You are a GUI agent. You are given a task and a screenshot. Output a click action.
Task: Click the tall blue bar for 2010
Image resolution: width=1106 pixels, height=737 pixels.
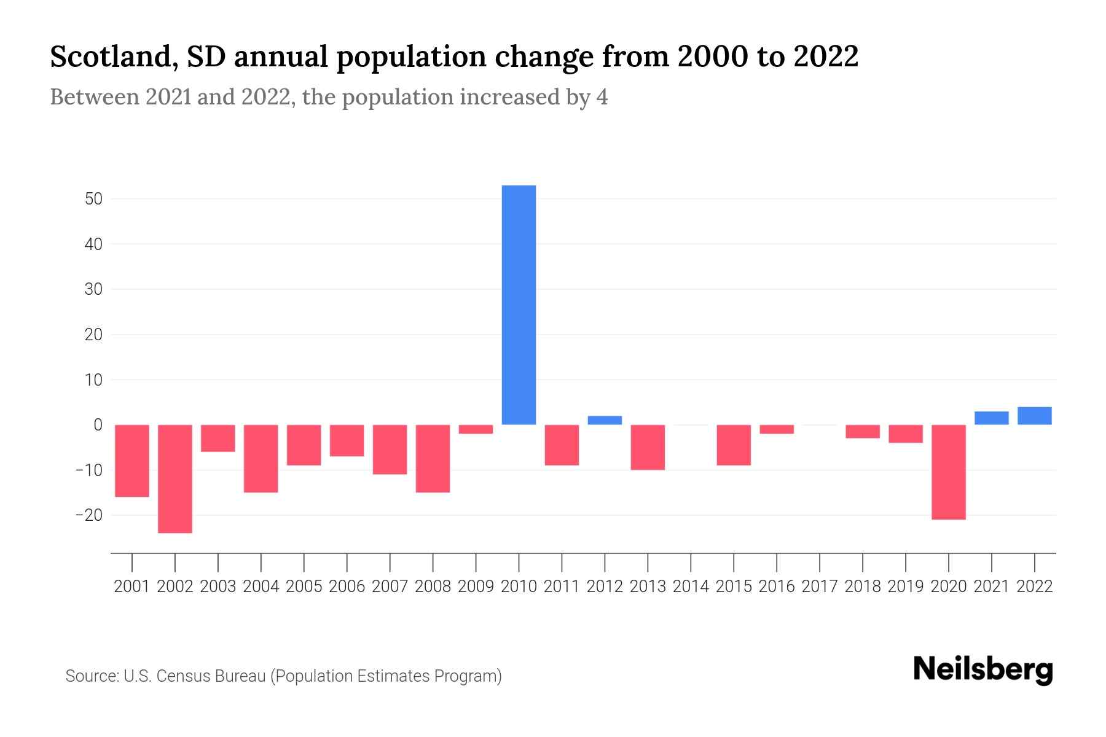[x=519, y=305]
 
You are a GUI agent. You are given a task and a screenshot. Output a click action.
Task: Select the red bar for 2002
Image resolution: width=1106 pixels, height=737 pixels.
[x=175, y=478]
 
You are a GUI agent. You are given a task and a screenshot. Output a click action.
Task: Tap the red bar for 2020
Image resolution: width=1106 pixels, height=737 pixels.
[x=948, y=472]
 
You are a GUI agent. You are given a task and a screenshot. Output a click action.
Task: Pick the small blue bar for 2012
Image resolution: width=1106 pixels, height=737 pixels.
[x=605, y=421]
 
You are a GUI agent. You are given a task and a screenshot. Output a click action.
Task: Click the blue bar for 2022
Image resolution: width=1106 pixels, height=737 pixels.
[x=1034, y=416]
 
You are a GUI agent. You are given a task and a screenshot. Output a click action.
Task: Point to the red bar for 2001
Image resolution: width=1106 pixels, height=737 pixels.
[x=132, y=461]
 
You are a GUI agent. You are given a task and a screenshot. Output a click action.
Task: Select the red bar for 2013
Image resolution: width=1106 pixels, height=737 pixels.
[x=648, y=447]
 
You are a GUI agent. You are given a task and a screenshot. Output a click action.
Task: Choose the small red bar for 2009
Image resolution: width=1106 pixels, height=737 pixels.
[x=476, y=429]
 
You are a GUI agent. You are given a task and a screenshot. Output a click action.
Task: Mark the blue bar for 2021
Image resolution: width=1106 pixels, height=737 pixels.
[x=991, y=418]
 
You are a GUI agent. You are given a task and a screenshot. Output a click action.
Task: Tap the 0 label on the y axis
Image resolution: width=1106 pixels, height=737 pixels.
[x=98, y=424]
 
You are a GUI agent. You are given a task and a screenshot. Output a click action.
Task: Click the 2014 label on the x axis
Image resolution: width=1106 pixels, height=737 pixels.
[x=691, y=587]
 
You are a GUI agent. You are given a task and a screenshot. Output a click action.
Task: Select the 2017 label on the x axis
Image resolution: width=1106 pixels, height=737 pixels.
[x=820, y=587]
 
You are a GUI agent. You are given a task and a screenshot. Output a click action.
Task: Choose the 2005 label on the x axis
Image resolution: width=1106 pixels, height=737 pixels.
[x=304, y=587]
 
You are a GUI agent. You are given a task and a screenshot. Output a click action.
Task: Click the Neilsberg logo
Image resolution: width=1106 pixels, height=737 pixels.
[x=982, y=670]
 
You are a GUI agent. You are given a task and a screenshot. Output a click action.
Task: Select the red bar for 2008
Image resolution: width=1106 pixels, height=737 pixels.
[x=433, y=458]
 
